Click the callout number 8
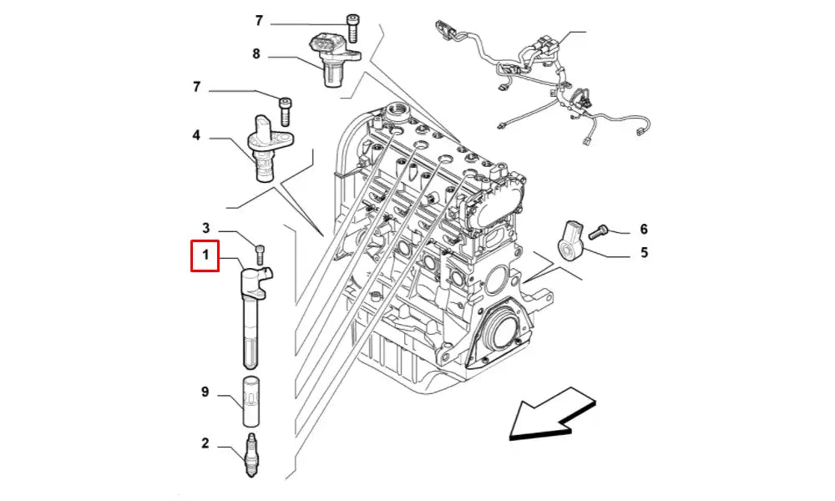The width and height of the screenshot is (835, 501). coord(256,54)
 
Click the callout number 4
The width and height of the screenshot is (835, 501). coord(196,134)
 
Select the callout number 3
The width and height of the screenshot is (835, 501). coord(205,227)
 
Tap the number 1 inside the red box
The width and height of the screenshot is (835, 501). coord(205,256)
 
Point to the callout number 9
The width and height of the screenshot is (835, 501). coord(205,393)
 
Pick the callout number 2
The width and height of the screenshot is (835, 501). coord(205,443)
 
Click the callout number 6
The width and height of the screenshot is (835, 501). coord(644,229)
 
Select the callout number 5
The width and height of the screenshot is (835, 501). coord(644,251)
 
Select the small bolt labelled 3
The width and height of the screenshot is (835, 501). coord(259,252)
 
